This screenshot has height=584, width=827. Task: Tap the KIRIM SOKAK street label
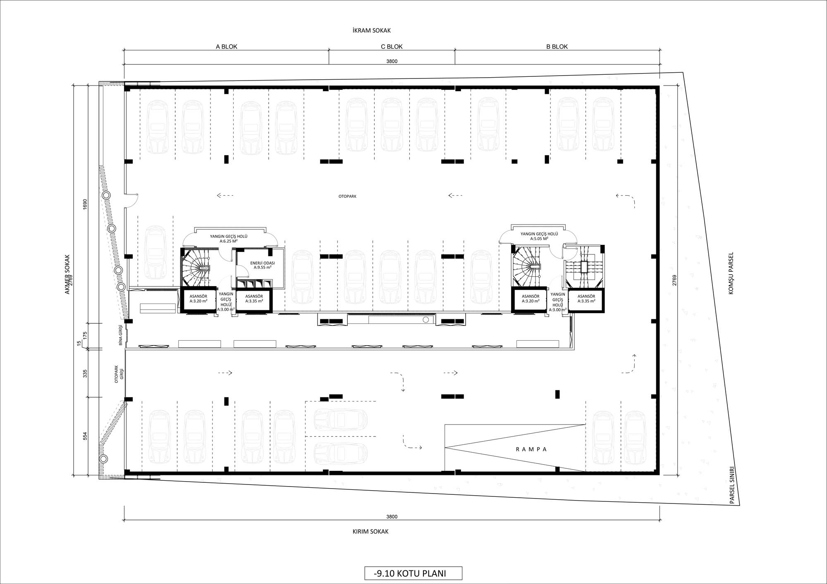click(x=370, y=532)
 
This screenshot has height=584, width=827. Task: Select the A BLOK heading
click(x=227, y=47)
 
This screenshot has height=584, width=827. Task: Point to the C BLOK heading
click(x=392, y=47)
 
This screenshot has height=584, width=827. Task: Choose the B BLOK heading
click(x=557, y=47)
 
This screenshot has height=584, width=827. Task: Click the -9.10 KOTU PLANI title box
click(x=413, y=573)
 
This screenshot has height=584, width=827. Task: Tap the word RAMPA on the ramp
click(x=531, y=449)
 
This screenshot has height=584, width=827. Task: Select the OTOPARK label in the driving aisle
click(x=347, y=197)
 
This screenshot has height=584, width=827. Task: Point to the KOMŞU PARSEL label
click(x=731, y=273)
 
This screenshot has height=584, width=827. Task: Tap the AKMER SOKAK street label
click(x=67, y=274)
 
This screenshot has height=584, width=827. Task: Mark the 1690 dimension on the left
click(x=85, y=204)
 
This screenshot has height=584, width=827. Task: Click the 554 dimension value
click(x=85, y=436)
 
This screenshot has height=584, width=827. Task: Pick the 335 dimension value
click(x=85, y=374)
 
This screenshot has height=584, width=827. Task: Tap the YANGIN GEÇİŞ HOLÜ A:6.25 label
click(x=229, y=239)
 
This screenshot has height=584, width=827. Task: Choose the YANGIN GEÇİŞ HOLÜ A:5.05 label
click(x=539, y=236)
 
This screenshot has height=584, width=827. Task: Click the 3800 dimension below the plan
click(x=392, y=517)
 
